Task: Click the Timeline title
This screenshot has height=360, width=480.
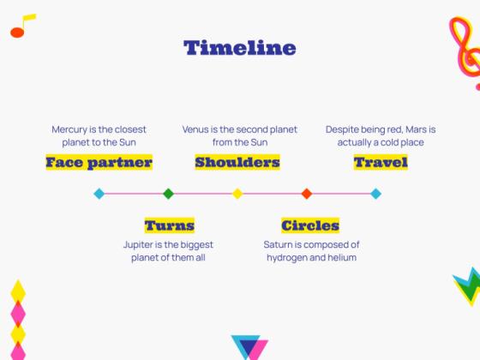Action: click(240, 48)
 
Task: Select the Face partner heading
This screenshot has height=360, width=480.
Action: click(99, 162)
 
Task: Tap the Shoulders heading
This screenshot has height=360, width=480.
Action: click(237, 162)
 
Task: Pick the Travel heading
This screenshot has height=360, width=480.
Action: click(381, 162)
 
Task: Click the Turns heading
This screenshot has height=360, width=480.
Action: click(170, 225)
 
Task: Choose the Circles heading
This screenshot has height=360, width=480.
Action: click(310, 225)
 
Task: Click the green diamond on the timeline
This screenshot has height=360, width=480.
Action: click(168, 194)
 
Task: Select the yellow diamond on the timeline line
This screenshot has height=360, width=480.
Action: click(237, 194)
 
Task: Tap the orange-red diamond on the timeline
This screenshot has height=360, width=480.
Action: click(307, 194)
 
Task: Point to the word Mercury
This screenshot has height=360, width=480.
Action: click(69, 129)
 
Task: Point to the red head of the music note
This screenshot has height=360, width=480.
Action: click(17, 33)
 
